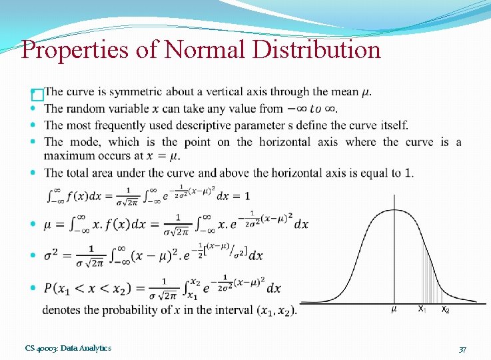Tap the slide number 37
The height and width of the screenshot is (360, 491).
point(462,349)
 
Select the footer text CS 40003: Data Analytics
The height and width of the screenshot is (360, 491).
point(68,348)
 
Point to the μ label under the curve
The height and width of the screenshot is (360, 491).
point(394,309)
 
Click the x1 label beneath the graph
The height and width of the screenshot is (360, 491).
point(421,309)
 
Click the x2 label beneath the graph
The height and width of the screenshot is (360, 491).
point(445,310)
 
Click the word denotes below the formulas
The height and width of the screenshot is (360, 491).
point(61,310)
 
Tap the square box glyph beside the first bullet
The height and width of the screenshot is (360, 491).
point(37,95)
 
